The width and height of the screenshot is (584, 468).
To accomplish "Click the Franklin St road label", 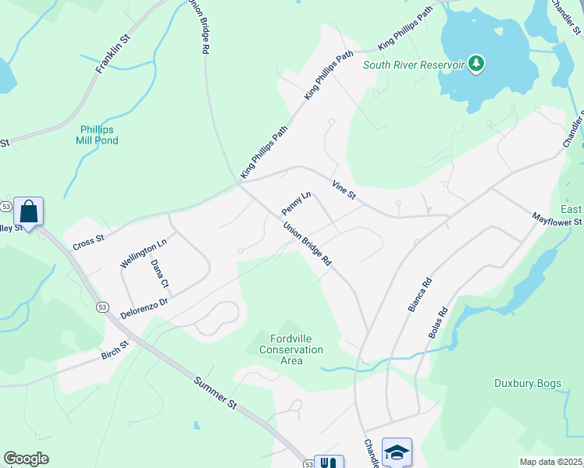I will (112, 54).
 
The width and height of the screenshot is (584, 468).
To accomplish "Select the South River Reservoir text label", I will (414, 64).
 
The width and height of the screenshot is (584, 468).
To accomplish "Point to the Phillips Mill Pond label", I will (98, 135).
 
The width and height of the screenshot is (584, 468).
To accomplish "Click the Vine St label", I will (343, 189).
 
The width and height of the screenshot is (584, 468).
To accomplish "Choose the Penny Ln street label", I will (297, 203).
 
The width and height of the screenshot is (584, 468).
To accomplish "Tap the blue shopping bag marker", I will (29, 211).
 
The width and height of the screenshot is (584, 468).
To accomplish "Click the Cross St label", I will (88, 240).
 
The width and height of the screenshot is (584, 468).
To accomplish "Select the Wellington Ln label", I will (144, 253).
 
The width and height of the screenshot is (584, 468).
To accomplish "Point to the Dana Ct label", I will (159, 273).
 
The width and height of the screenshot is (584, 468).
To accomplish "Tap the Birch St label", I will (114, 347).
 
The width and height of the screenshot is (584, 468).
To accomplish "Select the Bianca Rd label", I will (420, 293).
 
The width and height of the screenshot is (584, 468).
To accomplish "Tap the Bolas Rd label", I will (437, 321).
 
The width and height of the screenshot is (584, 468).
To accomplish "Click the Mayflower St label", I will (557, 220).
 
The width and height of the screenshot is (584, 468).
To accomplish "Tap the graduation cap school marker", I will (397, 452).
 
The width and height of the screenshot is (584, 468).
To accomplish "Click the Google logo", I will (27, 459).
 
